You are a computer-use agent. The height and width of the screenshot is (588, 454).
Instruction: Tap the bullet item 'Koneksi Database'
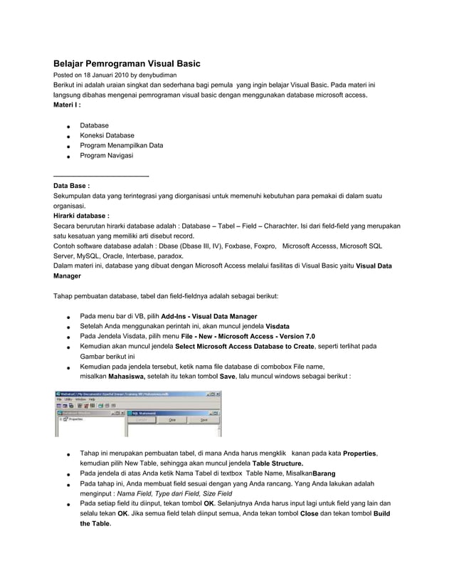pyautogui.click(x=107, y=135)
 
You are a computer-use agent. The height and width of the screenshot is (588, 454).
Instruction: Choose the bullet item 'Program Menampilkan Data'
pyautogui.click(x=121, y=145)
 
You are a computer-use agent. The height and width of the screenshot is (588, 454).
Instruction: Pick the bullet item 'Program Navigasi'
pyautogui.click(x=106, y=155)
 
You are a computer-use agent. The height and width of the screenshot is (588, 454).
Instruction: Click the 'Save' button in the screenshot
pyautogui.click(x=204, y=420)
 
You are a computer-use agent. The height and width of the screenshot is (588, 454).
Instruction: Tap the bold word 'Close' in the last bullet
pyautogui.click(x=310, y=513)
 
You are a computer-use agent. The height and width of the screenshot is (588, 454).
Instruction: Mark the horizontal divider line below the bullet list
pyautogui.click(x=101, y=174)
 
